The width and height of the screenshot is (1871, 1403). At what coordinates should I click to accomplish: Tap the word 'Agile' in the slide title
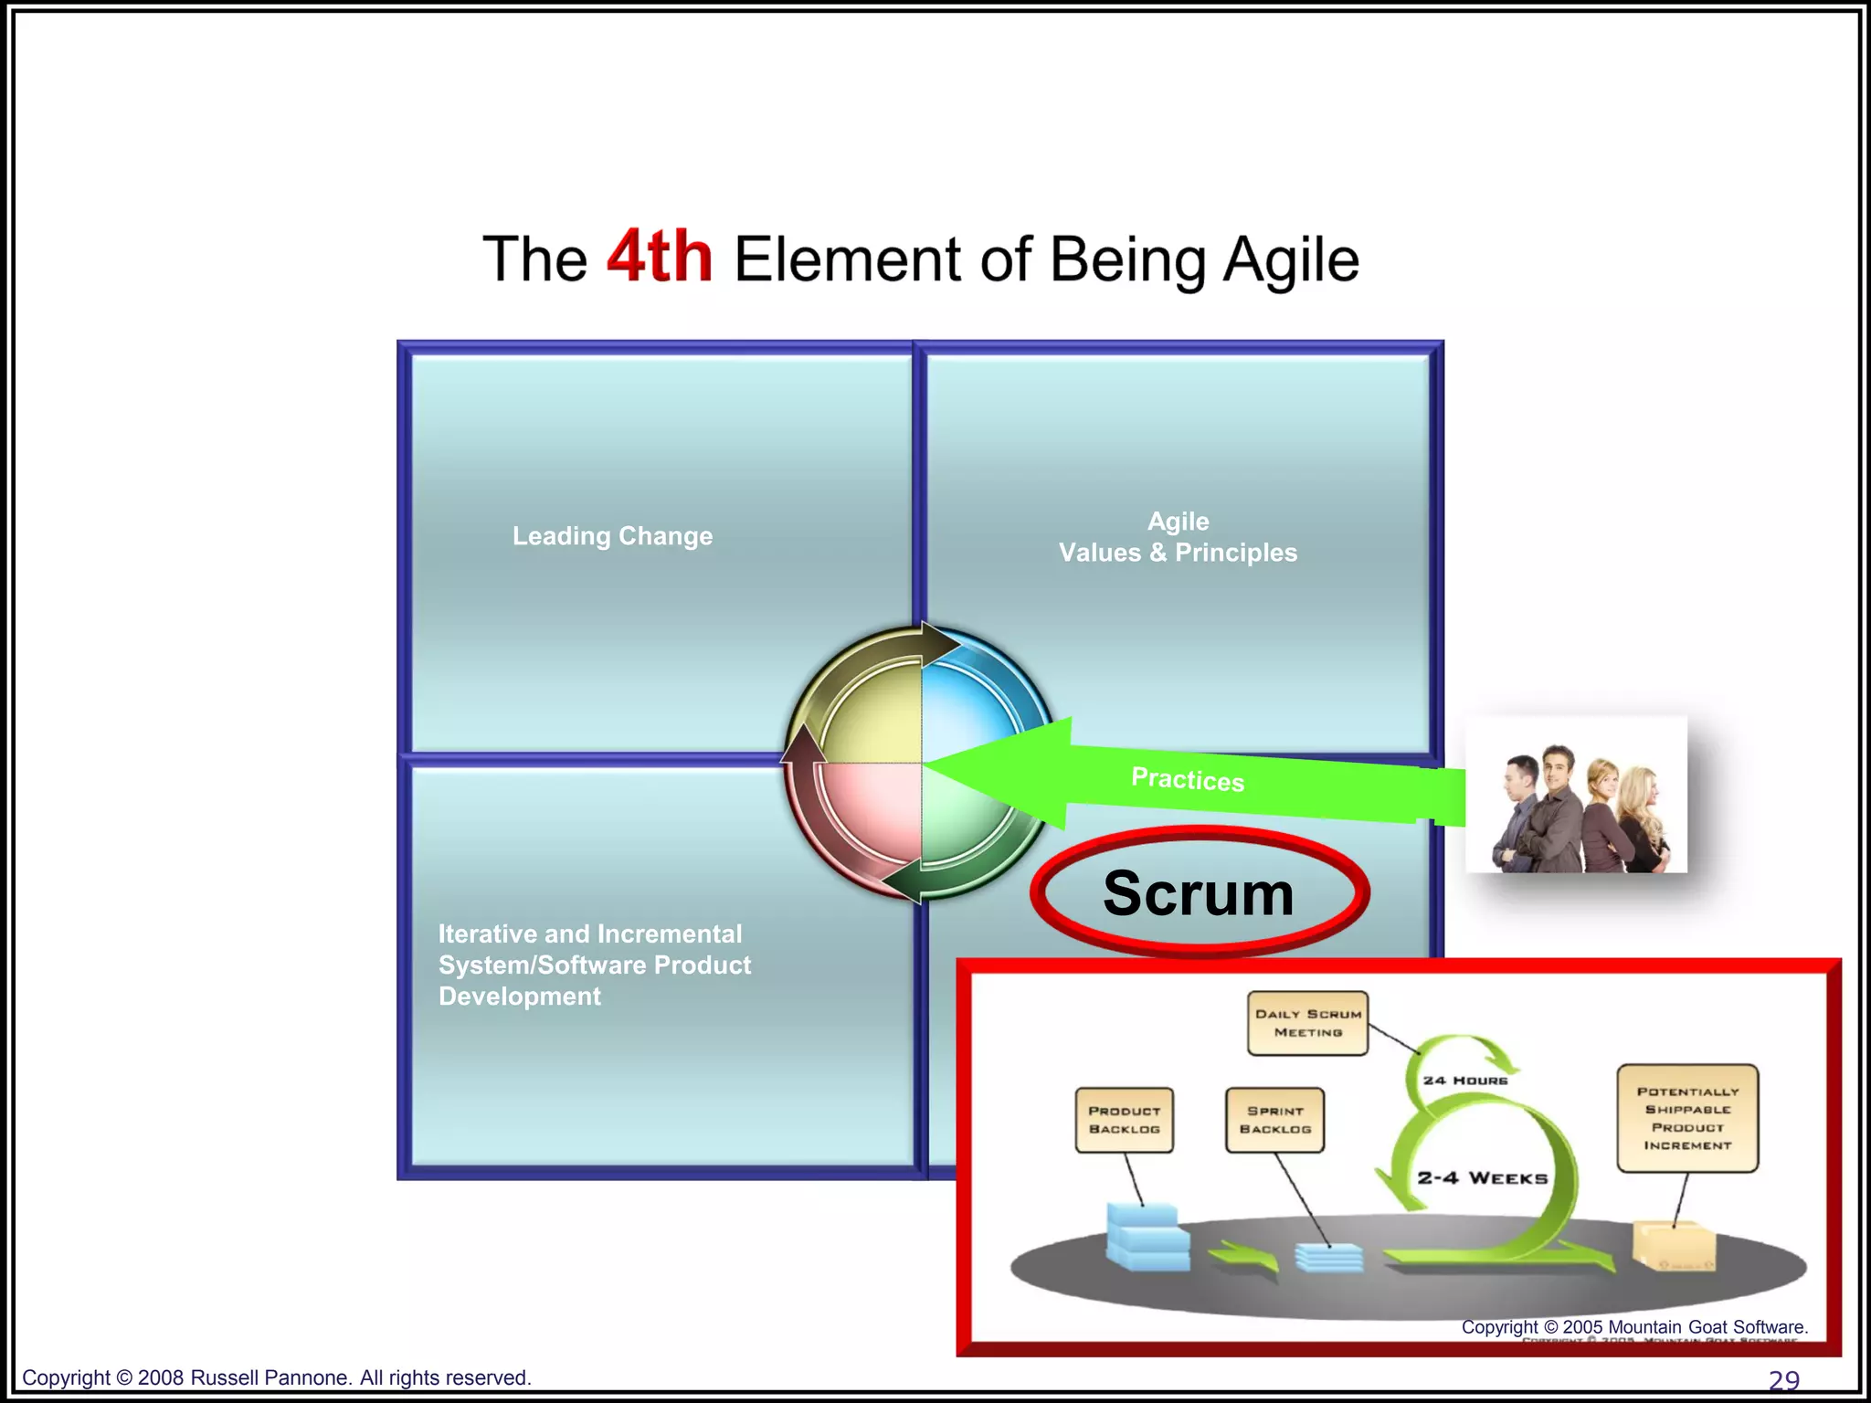pos(1290,260)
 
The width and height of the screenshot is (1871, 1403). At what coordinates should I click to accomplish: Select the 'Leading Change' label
pos(612,536)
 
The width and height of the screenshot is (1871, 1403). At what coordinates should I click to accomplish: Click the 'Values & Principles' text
pos(1178,553)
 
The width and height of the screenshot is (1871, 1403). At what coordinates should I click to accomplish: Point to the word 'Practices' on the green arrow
pos(1188,779)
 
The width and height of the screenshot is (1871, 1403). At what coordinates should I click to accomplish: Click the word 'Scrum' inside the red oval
pos(1198,892)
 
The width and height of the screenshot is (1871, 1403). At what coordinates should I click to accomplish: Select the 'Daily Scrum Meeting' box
pos(1307,1023)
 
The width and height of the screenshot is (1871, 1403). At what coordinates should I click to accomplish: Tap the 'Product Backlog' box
pos(1124,1120)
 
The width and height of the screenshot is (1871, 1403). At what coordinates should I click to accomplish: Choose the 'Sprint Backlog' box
pos(1274,1120)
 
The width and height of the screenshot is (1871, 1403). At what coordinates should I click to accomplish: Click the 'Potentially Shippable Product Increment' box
pos(1687,1118)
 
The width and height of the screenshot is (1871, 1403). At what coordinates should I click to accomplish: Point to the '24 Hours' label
pos(1465,1081)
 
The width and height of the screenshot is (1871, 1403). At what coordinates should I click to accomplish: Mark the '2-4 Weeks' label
pos(1482,1178)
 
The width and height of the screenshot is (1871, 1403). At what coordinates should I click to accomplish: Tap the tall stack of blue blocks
pos(1147,1237)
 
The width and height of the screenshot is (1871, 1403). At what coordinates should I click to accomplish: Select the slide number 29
pos(1783,1380)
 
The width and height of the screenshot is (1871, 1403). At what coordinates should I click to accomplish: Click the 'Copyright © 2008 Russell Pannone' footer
pos(276,1377)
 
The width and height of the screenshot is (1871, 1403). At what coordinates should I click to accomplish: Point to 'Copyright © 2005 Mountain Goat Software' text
pos(1634,1327)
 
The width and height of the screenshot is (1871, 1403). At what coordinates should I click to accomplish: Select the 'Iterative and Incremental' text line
pos(590,934)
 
